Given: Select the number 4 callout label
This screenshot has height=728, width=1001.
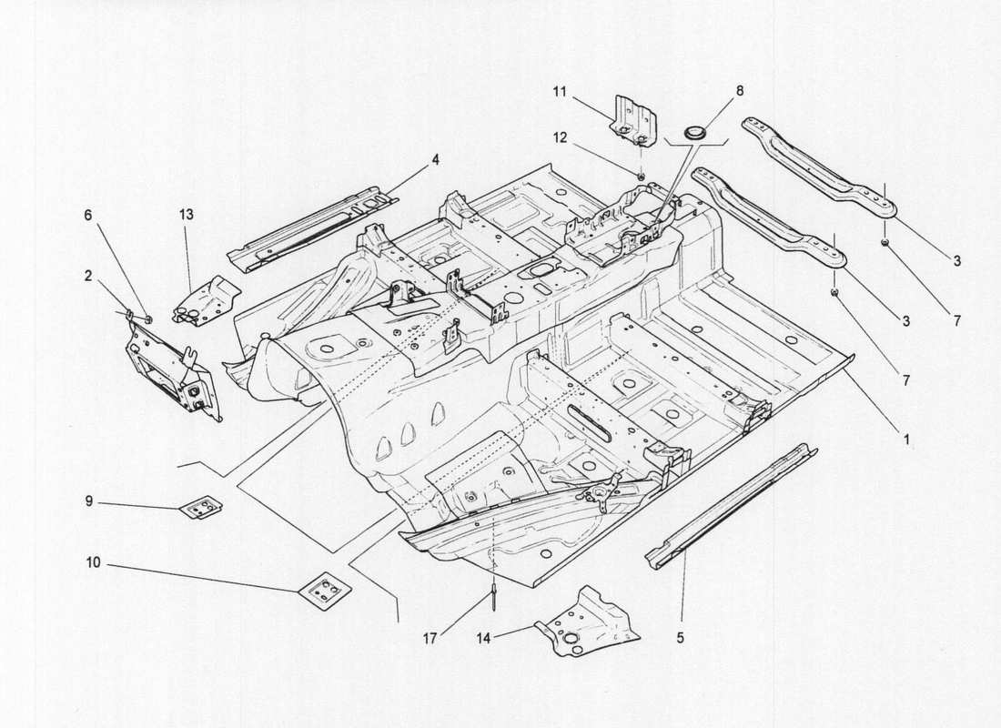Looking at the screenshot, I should [436, 158].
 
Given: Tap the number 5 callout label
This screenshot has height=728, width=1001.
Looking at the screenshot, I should [680, 639].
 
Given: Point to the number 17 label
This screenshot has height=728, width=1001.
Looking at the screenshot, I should [430, 638].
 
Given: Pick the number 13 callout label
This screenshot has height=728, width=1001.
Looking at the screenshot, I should [186, 215].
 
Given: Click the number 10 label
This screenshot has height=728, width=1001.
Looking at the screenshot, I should [94, 564].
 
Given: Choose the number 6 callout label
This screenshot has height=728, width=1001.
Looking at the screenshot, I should [88, 215].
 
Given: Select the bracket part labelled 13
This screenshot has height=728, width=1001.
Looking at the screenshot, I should [205, 297].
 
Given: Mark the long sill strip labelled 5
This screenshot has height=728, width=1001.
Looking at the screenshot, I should [728, 506].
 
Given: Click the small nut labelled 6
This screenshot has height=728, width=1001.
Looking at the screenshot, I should [147, 318].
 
